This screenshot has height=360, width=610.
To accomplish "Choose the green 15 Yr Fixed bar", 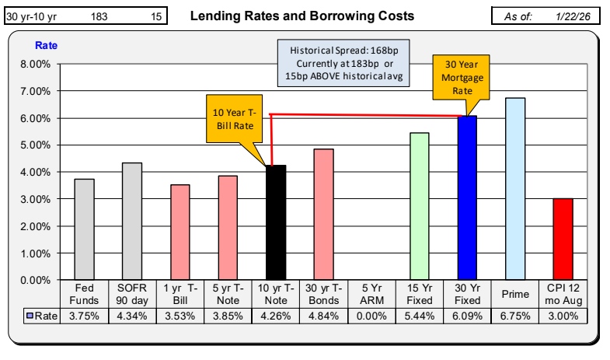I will (419, 206).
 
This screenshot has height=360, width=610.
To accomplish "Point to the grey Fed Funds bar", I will (85, 229).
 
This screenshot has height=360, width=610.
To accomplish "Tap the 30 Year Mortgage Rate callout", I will (463, 79).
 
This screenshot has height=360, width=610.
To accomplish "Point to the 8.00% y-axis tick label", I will (36, 64).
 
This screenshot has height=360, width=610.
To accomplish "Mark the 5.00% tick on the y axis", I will (36, 145).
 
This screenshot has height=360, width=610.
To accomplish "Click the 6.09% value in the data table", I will (467, 316).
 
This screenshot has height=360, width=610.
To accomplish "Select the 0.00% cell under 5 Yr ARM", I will (371, 316).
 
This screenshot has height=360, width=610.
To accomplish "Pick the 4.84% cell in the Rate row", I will (323, 316).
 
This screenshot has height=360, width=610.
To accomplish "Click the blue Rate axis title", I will (47, 45).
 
